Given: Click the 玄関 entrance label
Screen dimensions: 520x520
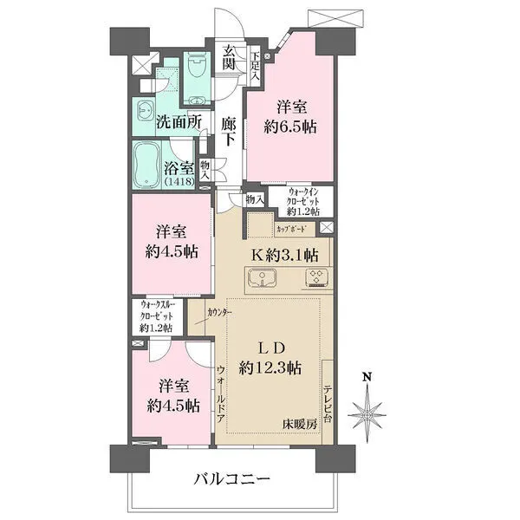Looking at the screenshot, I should pyautogui.click(x=229, y=58).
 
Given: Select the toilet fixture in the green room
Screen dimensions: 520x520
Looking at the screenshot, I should pyautogui.click(x=196, y=68).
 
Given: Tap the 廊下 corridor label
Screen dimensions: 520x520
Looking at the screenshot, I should pyautogui.click(x=229, y=132).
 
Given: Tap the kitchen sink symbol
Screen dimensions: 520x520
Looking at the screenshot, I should pyautogui.click(x=262, y=278).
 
